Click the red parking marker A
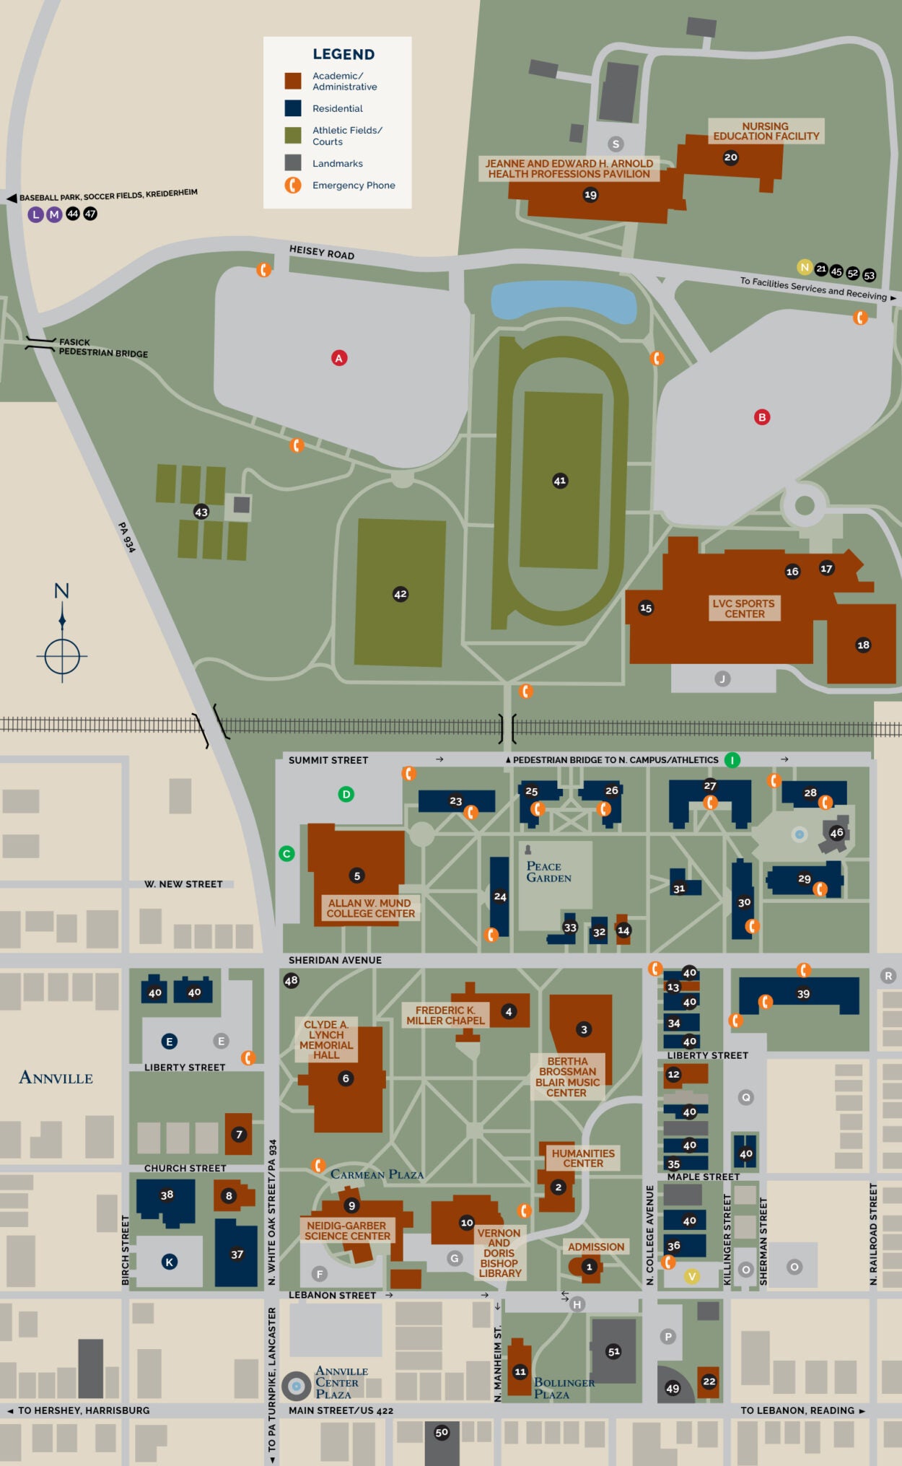pos(339,358)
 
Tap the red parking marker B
pos(762,417)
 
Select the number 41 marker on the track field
pos(560,481)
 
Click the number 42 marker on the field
pos(400,594)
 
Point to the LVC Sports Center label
pos(743,608)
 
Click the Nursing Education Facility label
pos(766,131)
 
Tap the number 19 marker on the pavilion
pos(591,195)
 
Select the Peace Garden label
pos(548,872)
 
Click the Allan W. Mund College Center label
pos(370,908)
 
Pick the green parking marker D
pos(346,795)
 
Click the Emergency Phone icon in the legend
pos(293,186)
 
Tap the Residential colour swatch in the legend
pos(293,108)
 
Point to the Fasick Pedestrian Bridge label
pos(102,348)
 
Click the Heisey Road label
pos(322,252)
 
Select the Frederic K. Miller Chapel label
pos(445,1015)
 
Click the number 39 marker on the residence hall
pos(803,994)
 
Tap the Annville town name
pos(56,1078)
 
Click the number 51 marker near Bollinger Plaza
pos(614,1351)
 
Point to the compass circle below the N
pos(62,656)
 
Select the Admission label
pos(595,1247)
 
